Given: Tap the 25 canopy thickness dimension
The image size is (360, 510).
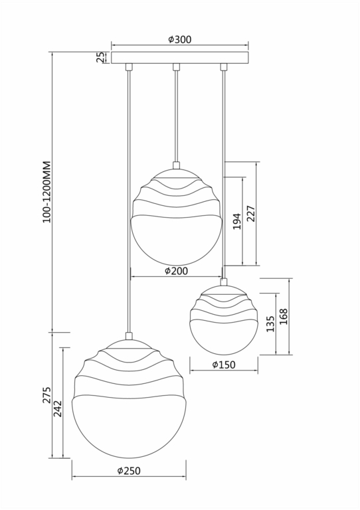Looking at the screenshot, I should pyautogui.click(x=101, y=58).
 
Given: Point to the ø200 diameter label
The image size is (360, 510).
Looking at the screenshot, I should pyautogui.click(x=177, y=270).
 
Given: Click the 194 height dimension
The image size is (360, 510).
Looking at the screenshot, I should pyautogui.click(x=236, y=222).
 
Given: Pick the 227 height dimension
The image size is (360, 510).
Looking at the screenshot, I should pyautogui.click(x=251, y=213).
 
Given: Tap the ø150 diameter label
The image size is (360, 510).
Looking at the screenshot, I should pyautogui.click(x=224, y=365).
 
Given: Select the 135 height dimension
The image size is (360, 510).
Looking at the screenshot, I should pyautogui.click(x=270, y=323).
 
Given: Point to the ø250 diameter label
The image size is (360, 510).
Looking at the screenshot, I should pyautogui.click(x=129, y=470).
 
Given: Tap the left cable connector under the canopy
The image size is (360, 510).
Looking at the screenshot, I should pyautogui.click(x=129, y=67).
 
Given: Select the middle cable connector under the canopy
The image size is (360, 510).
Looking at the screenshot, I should pyautogui.click(x=177, y=67).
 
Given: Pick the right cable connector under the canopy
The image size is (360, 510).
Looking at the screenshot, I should pyautogui.click(x=224, y=67).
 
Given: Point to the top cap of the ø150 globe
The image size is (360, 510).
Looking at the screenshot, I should pyautogui.click(x=224, y=281).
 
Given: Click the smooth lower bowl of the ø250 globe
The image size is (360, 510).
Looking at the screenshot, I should pyautogui.click(x=129, y=428).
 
